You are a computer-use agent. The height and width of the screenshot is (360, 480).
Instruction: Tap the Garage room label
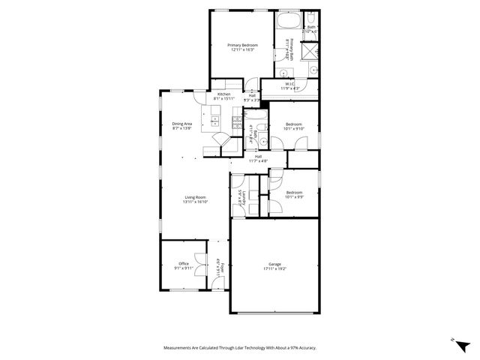275,263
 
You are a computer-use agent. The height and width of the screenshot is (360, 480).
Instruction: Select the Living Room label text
195,197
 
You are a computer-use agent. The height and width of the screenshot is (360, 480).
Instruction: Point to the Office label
184,263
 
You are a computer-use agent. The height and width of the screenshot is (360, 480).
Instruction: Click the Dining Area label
182,124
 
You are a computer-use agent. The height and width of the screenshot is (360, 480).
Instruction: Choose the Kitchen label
223,94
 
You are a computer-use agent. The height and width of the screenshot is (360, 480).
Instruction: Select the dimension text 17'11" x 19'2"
275,268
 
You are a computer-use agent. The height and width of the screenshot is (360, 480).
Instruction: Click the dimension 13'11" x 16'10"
195,202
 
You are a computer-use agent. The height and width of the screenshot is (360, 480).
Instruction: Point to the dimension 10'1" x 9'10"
293,128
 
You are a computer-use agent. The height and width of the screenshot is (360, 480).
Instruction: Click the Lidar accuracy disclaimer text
240,348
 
